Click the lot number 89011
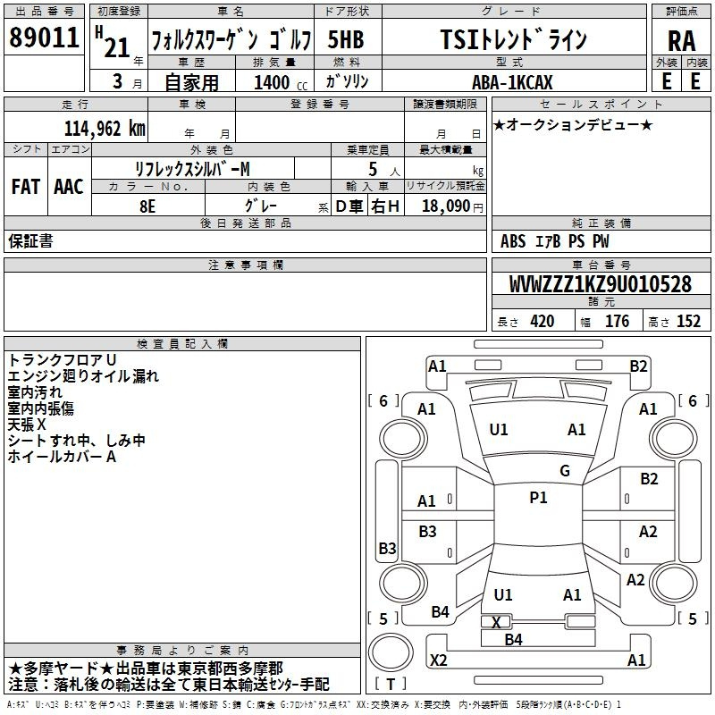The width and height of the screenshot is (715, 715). [x=44, y=38]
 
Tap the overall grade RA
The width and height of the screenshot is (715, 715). [x=681, y=41]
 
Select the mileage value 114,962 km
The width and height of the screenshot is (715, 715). [x=105, y=129]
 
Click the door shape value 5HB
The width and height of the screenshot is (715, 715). [x=346, y=39]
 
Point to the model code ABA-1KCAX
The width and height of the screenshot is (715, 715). [x=512, y=82]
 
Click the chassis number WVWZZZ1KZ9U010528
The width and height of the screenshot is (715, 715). [x=600, y=284]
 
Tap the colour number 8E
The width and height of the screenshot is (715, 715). [x=147, y=206]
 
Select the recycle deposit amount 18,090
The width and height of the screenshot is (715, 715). [x=446, y=206]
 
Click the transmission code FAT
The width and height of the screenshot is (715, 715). [x=26, y=187]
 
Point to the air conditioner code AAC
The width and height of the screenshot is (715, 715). [x=69, y=187]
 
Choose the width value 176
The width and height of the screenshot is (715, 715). [x=617, y=322]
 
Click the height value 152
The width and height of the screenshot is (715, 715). [x=688, y=322]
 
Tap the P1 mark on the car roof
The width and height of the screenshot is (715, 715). [x=538, y=498]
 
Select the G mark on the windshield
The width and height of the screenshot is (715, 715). [x=565, y=471]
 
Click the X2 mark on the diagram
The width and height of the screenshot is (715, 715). [x=438, y=660]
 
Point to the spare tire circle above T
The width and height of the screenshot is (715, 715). [x=391, y=652]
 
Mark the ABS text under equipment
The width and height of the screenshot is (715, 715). [x=513, y=241]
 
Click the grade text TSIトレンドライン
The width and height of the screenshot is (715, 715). [x=514, y=39]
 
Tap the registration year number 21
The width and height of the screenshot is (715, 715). [x=117, y=47]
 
